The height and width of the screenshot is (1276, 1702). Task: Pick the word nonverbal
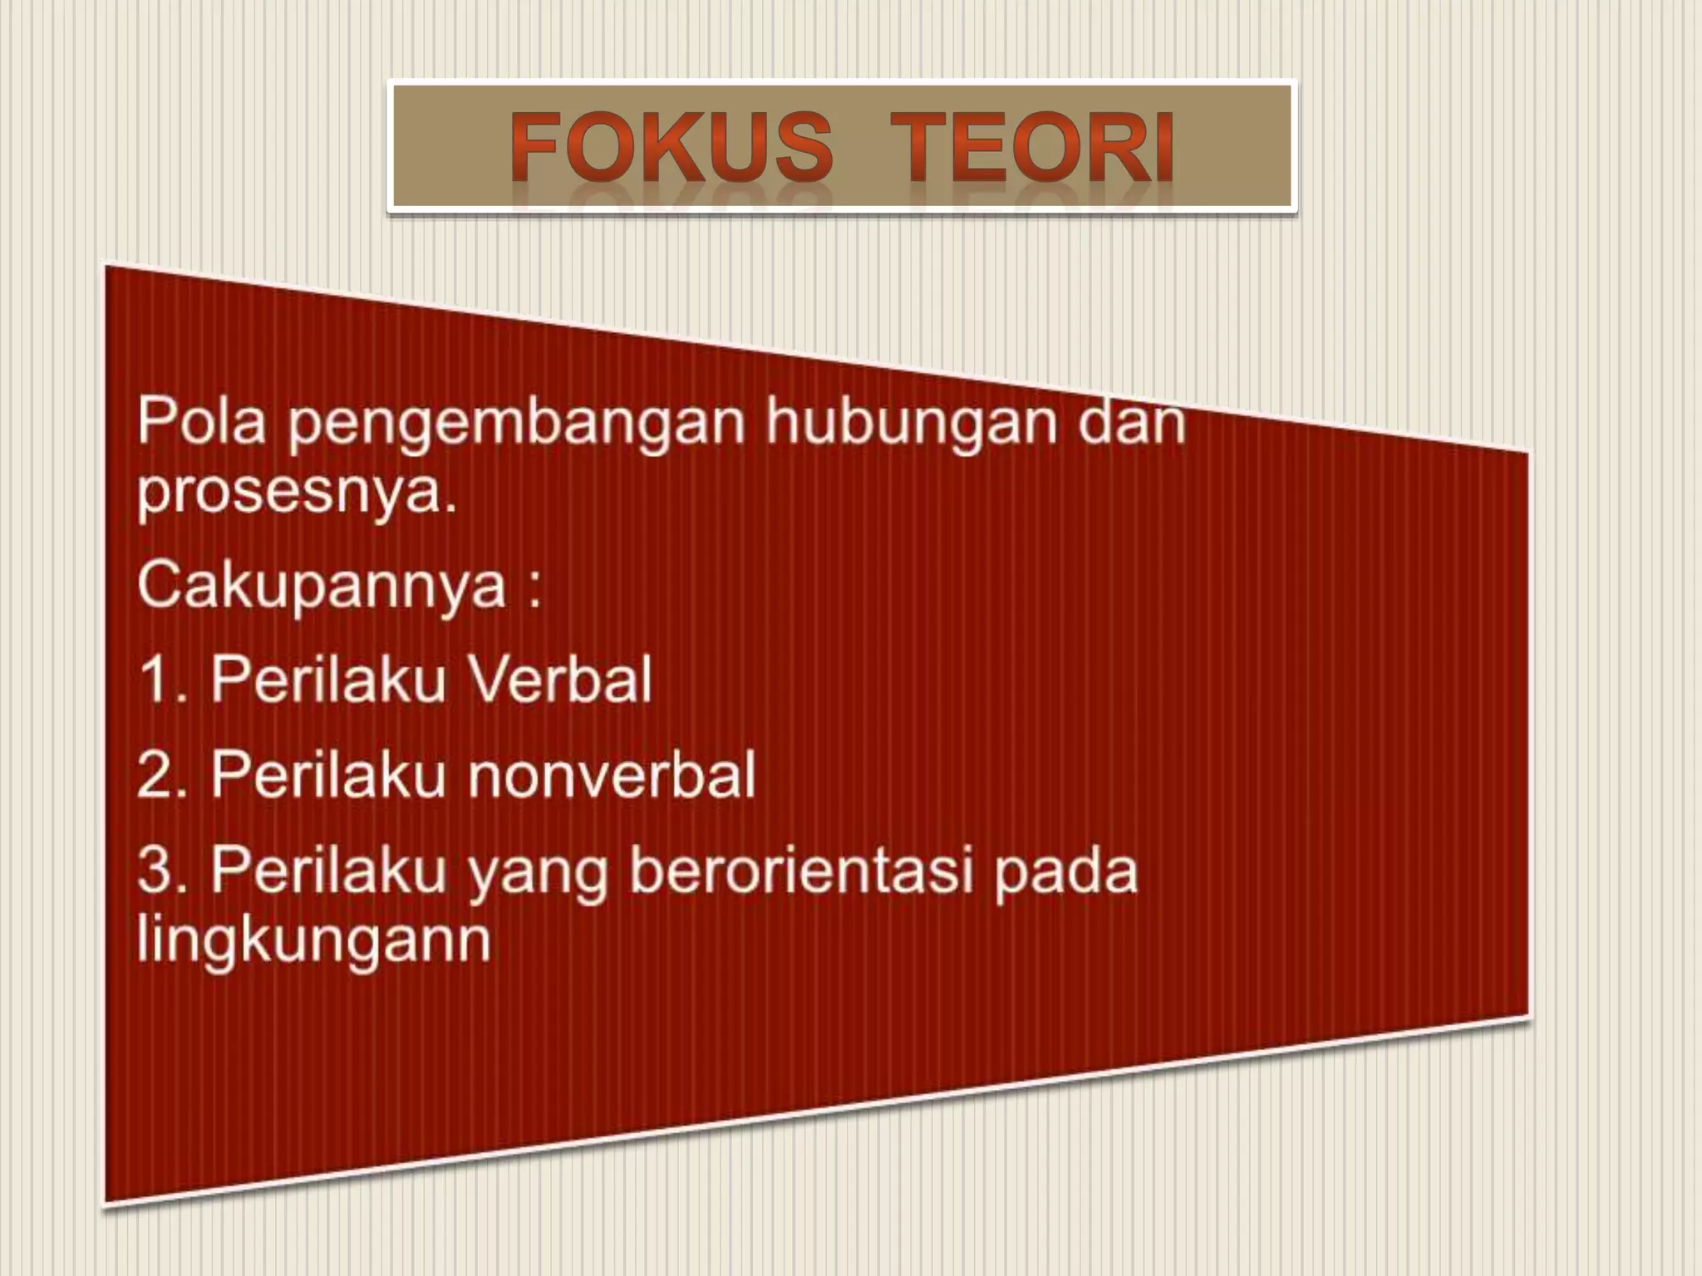coord(612,775)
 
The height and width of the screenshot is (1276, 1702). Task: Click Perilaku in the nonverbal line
coord(328,775)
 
